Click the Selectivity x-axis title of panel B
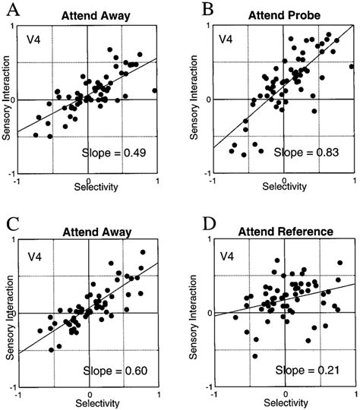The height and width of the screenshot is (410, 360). pyautogui.click(x=284, y=186)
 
